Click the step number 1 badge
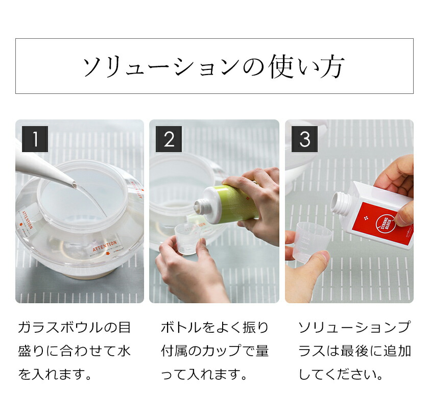click(35, 139)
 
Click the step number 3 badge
click(305, 139)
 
